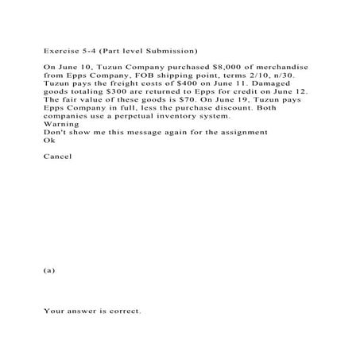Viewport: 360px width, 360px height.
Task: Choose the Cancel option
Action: (x=57, y=156)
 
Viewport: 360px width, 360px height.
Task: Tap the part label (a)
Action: (x=49, y=270)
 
